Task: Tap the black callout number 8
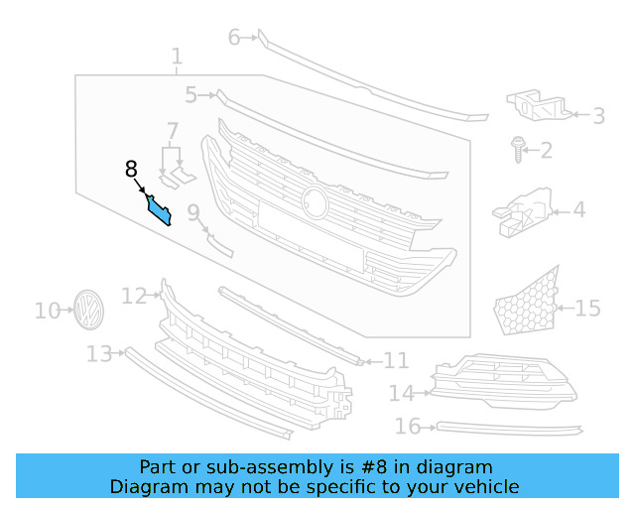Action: [x=132, y=170]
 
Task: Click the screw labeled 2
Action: [x=518, y=150]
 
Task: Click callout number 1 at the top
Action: [x=177, y=58]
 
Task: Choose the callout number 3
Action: [x=598, y=116]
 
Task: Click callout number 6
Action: [x=235, y=38]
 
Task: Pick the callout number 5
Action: [x=190, y=95]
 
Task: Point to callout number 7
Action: [x=173, y=131]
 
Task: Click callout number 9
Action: [x=193, y=211]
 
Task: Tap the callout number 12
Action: [x=134, y=296]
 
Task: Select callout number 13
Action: [x=99, y=354]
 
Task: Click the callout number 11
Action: [x=396, y=360]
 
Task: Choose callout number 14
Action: [x=401, y=394]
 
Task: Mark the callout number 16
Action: [x=408, y=427]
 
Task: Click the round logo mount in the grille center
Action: [x=316, y=201]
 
